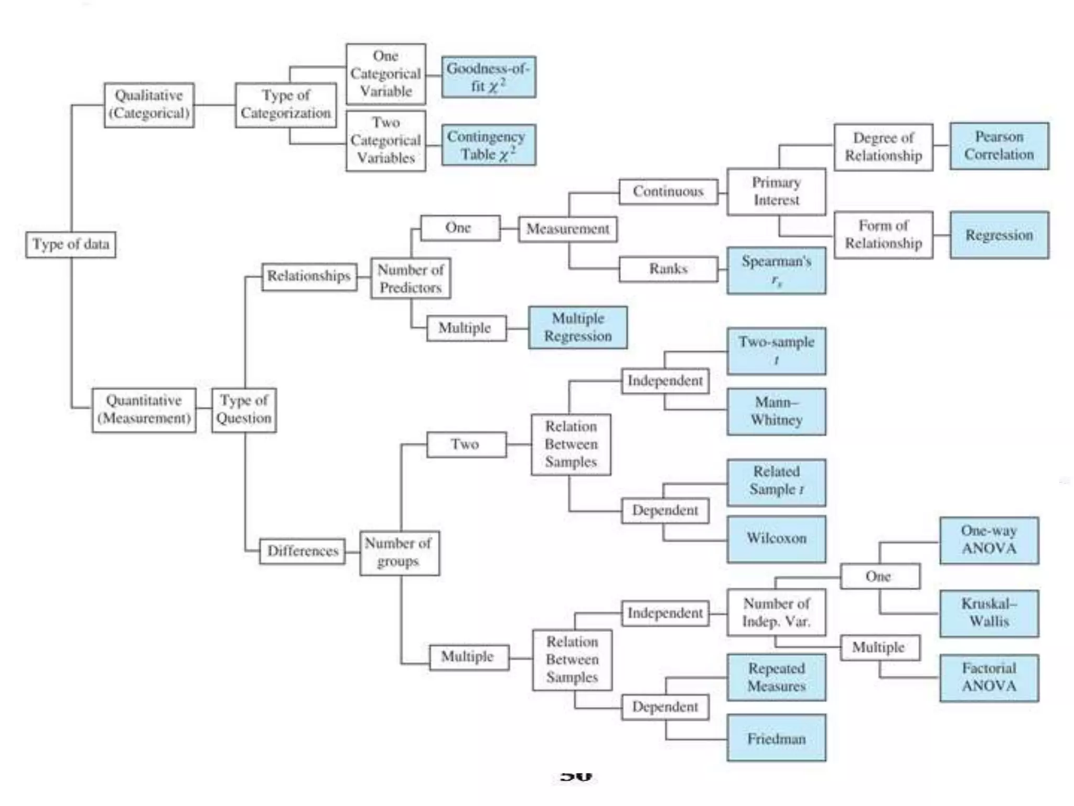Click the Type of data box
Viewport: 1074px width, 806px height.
coord(71,245)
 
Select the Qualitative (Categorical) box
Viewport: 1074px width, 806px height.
coord(149,105)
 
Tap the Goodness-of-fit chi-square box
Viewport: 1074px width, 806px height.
coord(488,77)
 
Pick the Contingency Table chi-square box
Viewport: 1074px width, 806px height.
coord(488,145)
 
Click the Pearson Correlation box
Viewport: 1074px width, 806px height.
coord(999,146)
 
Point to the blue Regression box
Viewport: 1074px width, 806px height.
coord(999,235)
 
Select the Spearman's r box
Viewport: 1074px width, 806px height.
coord(776,270)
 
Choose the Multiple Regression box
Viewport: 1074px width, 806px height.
coord(577,327)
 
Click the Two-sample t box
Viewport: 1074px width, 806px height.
coord(776,351)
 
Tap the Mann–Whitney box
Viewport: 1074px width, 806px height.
coord(776,411)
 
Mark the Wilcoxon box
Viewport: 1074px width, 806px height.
coord(776,538)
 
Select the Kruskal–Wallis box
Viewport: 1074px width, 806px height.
coord(989,613)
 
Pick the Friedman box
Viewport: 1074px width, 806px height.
coord(776,738)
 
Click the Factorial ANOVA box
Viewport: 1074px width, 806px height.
coord(989,677)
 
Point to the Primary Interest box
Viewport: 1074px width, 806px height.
coord(776,192)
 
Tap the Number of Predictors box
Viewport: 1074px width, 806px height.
coord(410,278)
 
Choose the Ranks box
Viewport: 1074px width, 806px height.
coord(668,269)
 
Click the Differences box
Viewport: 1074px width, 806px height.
coord(303,551)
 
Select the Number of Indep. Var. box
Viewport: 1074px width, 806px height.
coord(776,612)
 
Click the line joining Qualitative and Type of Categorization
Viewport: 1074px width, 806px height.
coord(214,105)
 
